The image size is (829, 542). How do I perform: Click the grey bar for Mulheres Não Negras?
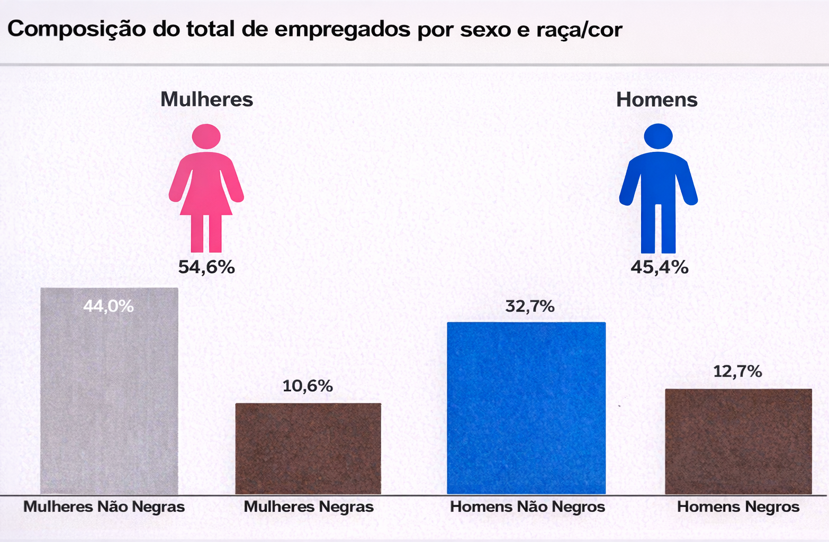tap(109, 402)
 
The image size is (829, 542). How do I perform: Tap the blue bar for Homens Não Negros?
tap(526, 408)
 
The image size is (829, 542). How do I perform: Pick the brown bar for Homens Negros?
tap(738, 441)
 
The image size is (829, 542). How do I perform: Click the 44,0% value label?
tap(109, 306)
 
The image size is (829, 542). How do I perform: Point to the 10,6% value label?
tap(308, 386)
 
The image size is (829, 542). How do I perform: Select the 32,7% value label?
tap(530, 306)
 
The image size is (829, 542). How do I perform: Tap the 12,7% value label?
tap(737, 372)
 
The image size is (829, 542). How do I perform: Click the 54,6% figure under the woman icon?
tap(206, 267)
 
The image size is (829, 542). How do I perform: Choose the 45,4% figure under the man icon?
tap(659, 267)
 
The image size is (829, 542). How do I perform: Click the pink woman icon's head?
tap(206, 136)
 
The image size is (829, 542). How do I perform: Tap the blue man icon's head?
tap(658, 136)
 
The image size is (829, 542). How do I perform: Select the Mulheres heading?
tap(206, 100)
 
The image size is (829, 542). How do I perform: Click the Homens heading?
tap(656, 100)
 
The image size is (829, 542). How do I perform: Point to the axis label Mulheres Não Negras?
tap(104, 507)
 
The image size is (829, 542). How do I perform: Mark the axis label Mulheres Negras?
tap(309, 507)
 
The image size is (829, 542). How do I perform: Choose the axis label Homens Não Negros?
tap(527, 507)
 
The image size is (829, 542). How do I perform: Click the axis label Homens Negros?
tap(738, 507)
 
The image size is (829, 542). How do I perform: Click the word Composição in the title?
tap(76, 30)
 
